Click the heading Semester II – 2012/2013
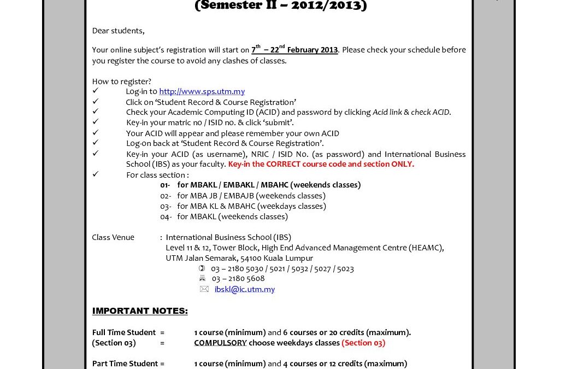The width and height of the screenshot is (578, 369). [x=281, y=6]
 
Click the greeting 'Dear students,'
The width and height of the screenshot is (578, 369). [x=118, y=31]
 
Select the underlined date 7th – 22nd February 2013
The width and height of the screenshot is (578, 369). [x=294, y=50]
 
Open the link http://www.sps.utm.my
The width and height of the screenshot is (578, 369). [x=202, y=91]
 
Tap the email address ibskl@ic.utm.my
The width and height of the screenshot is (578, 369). [x=244, y=289]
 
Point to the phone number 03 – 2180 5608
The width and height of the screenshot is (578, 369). [x=238, y=279]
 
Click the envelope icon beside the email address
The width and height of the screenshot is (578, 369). [x=204, y=289]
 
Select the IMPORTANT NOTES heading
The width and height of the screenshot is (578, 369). [x=140, y=311]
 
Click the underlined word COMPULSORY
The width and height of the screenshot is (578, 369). [x=220, y=343]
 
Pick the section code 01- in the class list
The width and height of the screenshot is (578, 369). [x=165, y=185]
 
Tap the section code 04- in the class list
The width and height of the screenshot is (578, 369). [x=166, y=216]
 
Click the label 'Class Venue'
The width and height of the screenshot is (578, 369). [x=113, y=237]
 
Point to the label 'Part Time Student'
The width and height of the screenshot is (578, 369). [x=125, y=364]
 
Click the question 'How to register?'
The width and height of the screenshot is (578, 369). [x=122, y=81]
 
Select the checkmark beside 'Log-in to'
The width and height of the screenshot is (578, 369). [x=96, y=91]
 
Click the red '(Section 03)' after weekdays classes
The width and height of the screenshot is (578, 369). [x=363, y=343]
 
